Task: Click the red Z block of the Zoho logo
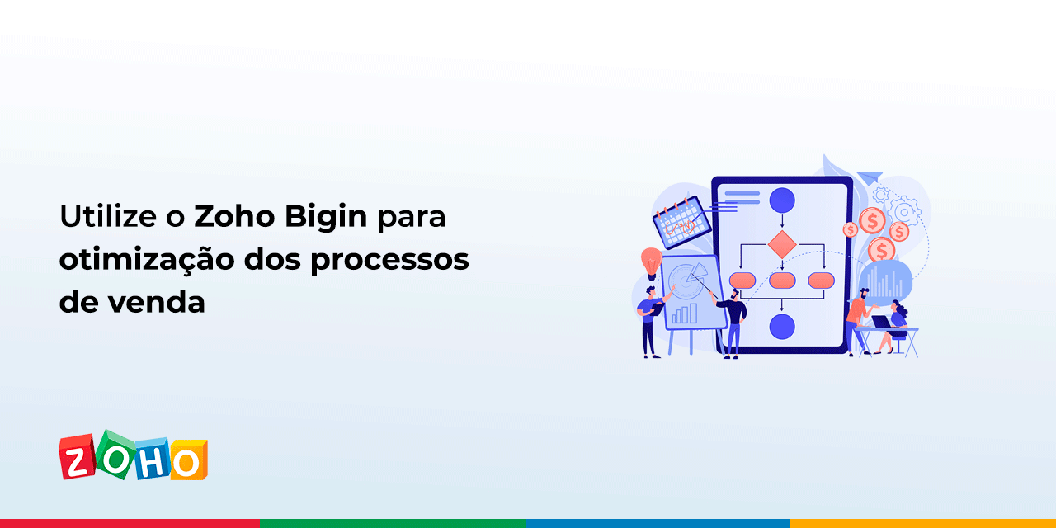tap(77, 459)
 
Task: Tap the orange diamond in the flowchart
tap(781, 244)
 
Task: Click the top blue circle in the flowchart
tap(781, 200)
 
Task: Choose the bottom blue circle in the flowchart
tap(781, 326)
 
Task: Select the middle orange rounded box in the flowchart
tap(781, 280)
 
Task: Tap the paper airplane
tap(869, 177)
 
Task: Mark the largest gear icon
tap(906, 208)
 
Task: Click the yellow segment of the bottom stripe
tap(922, 523)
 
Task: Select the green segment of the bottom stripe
tap(393, 523)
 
